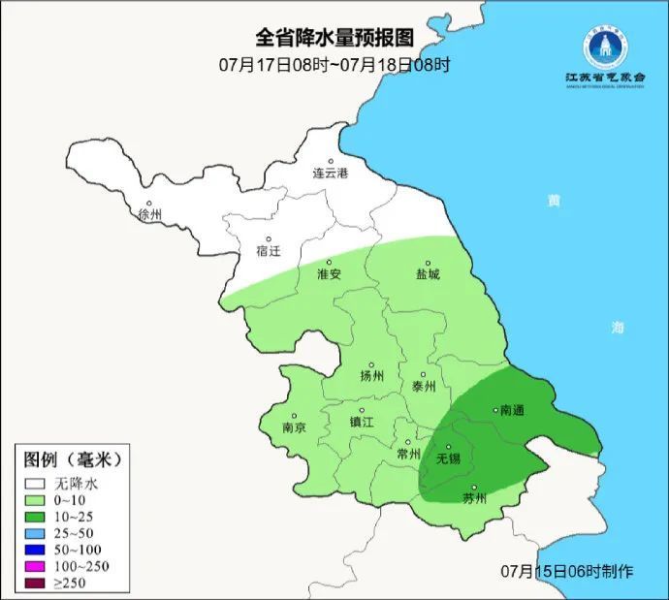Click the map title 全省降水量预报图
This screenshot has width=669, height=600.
334,38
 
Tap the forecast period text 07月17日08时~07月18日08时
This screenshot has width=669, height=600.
334,65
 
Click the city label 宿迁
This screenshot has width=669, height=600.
269,251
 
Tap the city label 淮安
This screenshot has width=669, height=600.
330,274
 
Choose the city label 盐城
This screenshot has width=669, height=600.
428,274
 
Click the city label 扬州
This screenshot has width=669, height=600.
372,376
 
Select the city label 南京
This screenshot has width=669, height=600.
295,427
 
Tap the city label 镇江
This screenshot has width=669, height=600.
362,423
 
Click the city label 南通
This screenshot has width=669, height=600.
511,411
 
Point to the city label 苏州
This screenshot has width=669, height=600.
474,499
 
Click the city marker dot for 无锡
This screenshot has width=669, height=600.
448,447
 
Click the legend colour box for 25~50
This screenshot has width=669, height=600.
37,534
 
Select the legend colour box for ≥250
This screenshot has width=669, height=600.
37,583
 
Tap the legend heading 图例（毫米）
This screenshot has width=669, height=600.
73,458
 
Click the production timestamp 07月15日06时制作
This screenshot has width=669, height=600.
567,571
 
